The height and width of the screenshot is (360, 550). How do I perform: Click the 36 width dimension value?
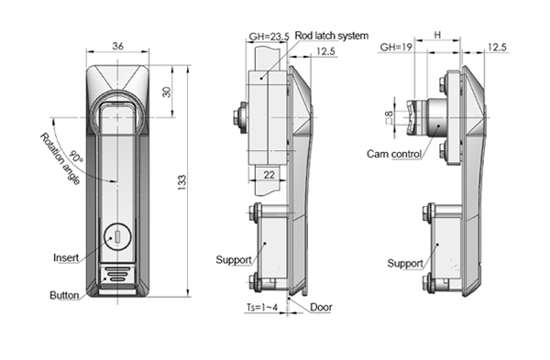coord(118,46)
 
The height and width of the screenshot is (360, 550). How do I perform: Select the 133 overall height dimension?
coord(182,182)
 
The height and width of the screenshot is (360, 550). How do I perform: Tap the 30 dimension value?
coord(167,92)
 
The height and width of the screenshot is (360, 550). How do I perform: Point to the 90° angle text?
coord(76,157)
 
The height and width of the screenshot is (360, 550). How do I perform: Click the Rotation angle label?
coord(60,158)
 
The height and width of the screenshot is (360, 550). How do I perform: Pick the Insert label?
coord(66,257)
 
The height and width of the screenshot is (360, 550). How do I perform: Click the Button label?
coord(64,295)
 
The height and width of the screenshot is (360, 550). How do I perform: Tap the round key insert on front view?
coord(117,237)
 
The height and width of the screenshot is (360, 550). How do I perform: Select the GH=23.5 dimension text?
coord(269,37)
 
